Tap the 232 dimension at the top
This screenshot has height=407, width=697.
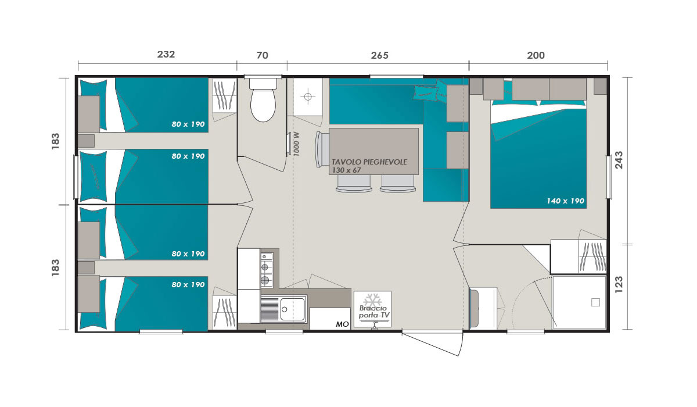(x=166, y=55)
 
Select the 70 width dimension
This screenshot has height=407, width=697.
(x=263, y=55)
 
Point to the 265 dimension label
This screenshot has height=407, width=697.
(x=380, y=55)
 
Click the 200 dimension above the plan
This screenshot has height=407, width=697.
(x=536, y=55)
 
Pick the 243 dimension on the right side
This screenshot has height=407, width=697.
(x=619, y=160)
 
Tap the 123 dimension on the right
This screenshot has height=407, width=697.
(x=619, y=284)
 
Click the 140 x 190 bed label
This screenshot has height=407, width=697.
(x=565, y=201)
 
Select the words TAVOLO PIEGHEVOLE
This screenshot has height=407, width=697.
(x=369, y=162)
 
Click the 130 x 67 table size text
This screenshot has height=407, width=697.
(x=346, y=170)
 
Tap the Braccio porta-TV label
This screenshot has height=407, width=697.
(x=373, y=312)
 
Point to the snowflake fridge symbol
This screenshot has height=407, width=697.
(x=372, y=299)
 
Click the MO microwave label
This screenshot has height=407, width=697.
(x=342, y=324)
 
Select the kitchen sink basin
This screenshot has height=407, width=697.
(x=293, y=309)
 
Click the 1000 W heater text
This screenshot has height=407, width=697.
(x=296, y=144)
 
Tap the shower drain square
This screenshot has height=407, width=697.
(x=595, y=302)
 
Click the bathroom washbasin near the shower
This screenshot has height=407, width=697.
(x=483, y=308)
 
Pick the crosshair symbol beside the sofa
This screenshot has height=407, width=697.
(x=308, y=97)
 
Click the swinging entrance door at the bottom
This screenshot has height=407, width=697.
(x=433, y=343)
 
